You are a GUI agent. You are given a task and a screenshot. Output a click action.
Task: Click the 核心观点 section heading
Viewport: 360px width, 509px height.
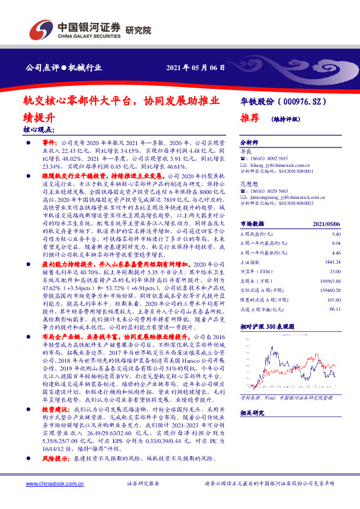coord(39,129)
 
